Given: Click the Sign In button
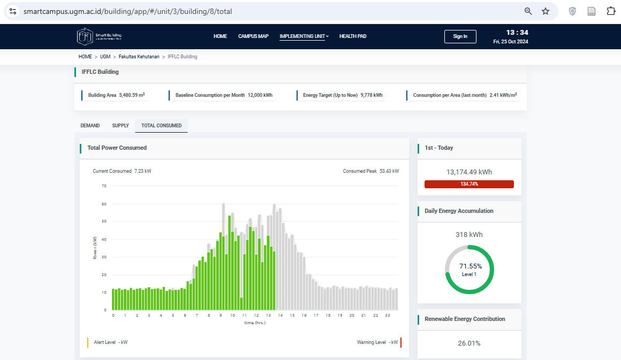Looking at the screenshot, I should point(460,36).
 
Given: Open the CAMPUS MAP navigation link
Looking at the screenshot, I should point(253,36).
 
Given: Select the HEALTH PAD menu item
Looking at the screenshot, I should point(353,36).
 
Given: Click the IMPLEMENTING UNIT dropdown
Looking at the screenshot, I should point(304,36).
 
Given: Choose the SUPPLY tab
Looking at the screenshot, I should point(120,126).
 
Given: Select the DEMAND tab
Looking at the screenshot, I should point(90,126).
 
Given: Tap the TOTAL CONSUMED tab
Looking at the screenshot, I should point(161,126).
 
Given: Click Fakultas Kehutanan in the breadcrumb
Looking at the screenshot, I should point(139,57).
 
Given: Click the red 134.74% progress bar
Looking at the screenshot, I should point(469,184).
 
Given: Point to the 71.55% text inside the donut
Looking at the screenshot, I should point(470,266).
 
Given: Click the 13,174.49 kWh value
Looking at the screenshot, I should point(469,172).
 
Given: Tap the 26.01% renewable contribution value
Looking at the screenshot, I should point(469,343).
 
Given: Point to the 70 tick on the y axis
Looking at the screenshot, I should point(104,186).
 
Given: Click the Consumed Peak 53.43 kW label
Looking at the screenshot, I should point(371,171).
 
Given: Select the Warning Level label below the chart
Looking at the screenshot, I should point(377,342).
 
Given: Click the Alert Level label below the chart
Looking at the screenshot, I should point(110,342).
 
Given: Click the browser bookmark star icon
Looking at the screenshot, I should point(546,11).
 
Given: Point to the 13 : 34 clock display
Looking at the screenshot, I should point(517,32).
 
